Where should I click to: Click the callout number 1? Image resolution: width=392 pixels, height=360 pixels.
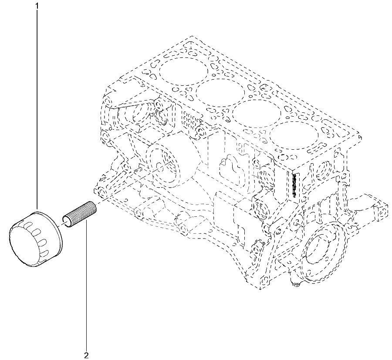37,6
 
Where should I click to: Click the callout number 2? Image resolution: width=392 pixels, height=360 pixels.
87,356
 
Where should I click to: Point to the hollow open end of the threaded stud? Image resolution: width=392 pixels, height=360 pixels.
67,222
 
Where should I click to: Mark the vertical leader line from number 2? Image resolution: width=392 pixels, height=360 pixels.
87,285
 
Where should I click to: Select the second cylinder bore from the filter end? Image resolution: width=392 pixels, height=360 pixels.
220,92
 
